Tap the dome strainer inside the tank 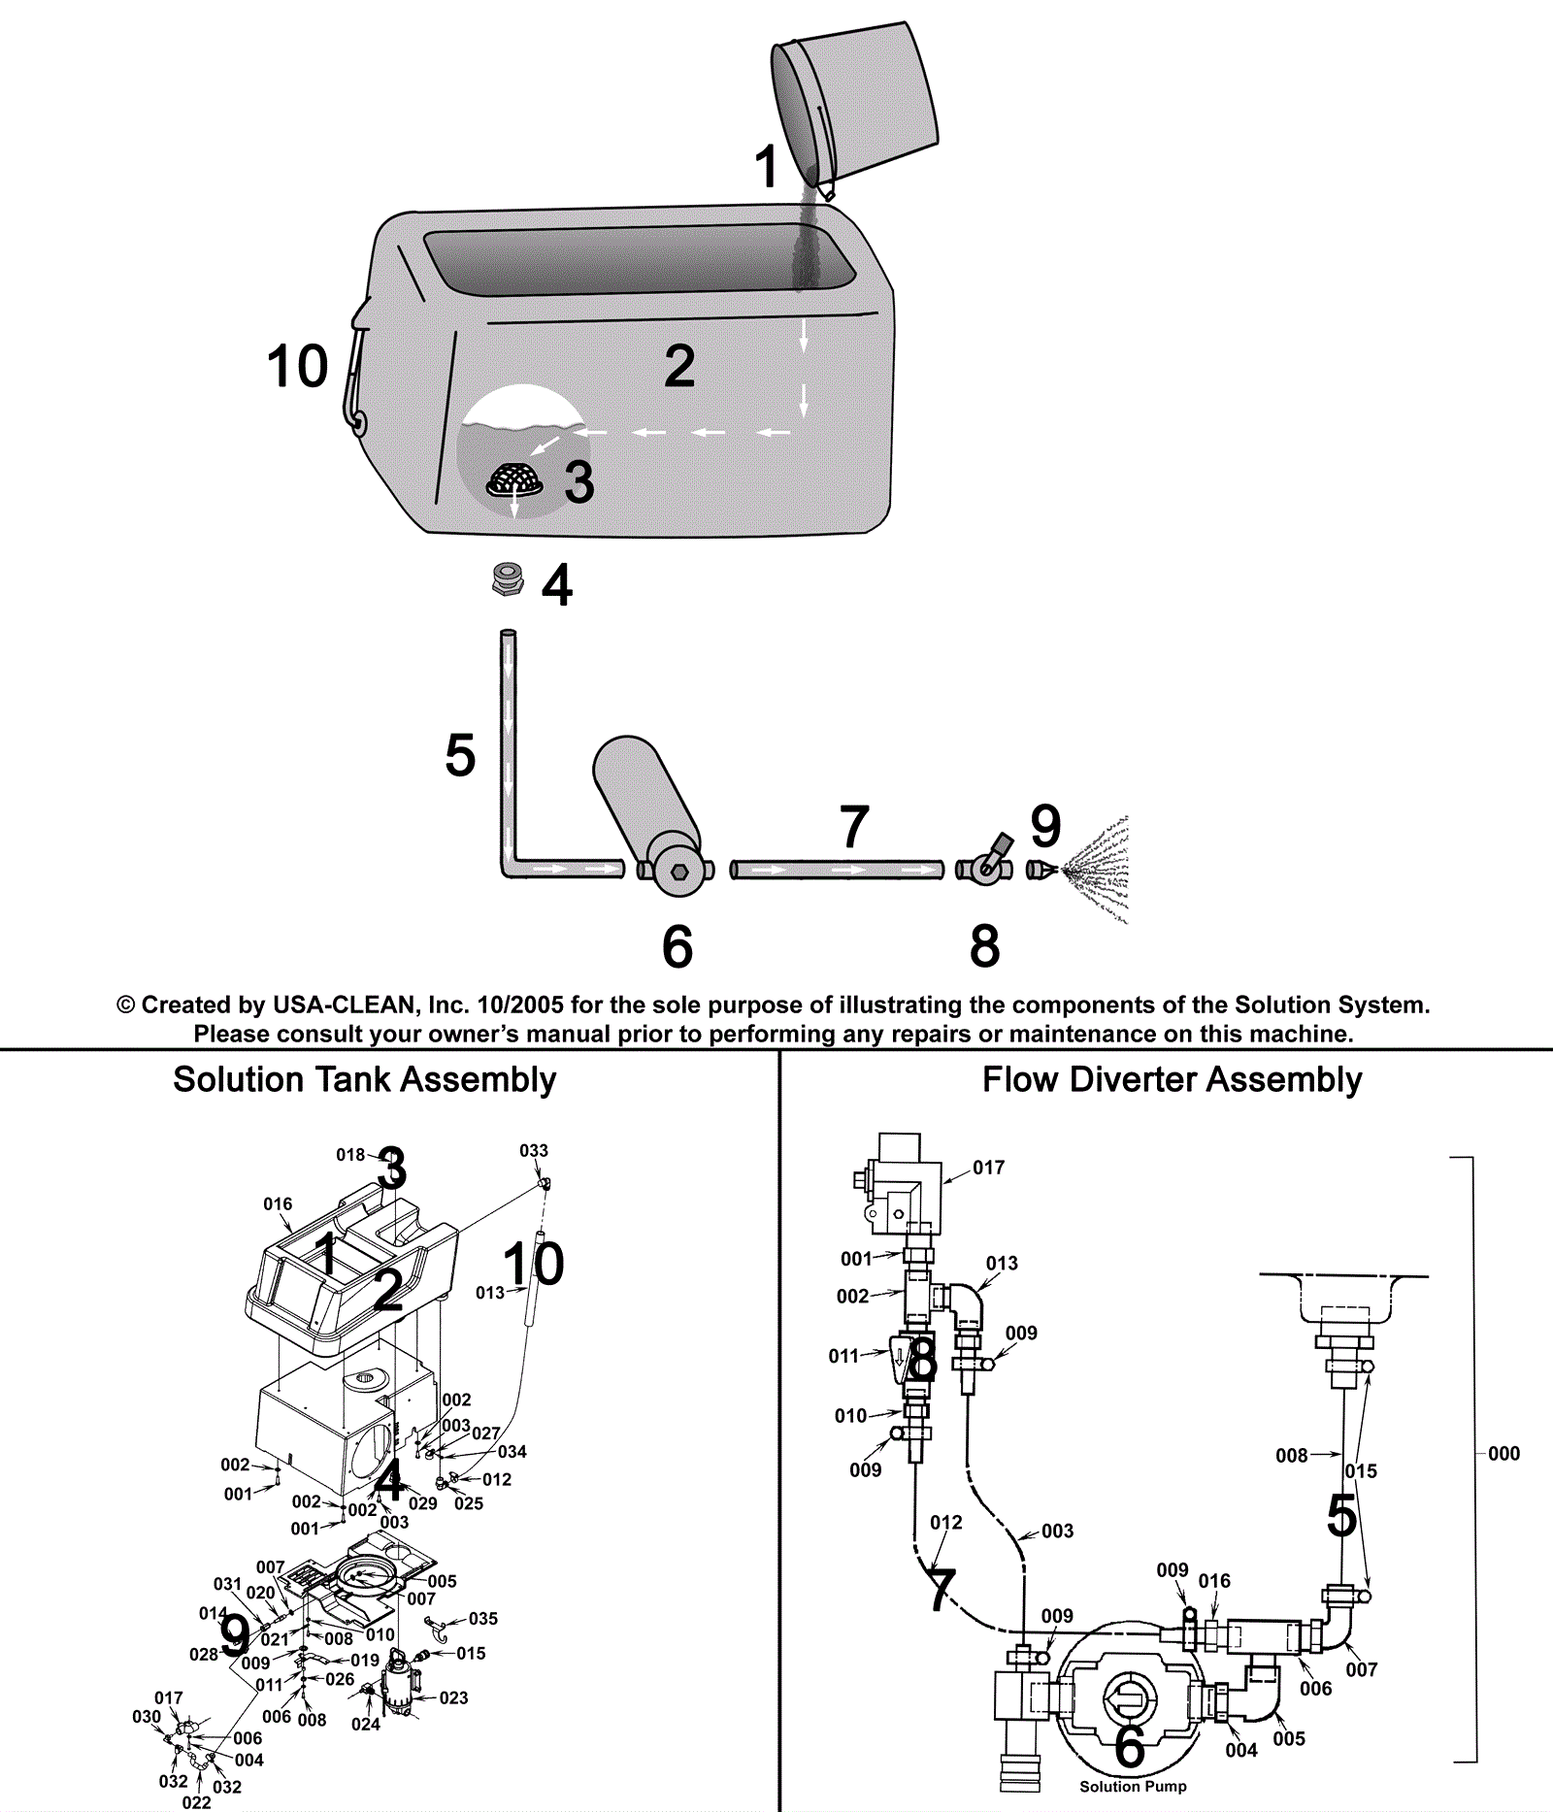tap(513, 478)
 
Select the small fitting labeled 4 tap(508, 579)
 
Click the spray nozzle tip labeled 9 tap(1041, 870)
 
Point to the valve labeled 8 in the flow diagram tap(984, 867)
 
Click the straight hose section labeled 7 tap(836, 870)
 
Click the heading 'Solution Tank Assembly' tap(364, 1079)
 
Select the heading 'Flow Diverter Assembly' tap(1172, 1079)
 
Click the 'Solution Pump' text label tap(1133, 1787)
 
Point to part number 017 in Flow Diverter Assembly tap(988, 1168)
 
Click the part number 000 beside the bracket tap(1503, 1453)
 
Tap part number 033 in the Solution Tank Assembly tap(534, 1150)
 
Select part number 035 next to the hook tap(483, 1618)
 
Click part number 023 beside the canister tap(453, 1697)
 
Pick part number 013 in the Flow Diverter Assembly tap(1002, 1263)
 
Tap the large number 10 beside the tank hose tap(297, 367)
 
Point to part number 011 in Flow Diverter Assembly tap(843, 1356)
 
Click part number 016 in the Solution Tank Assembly tap(278, 1203)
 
